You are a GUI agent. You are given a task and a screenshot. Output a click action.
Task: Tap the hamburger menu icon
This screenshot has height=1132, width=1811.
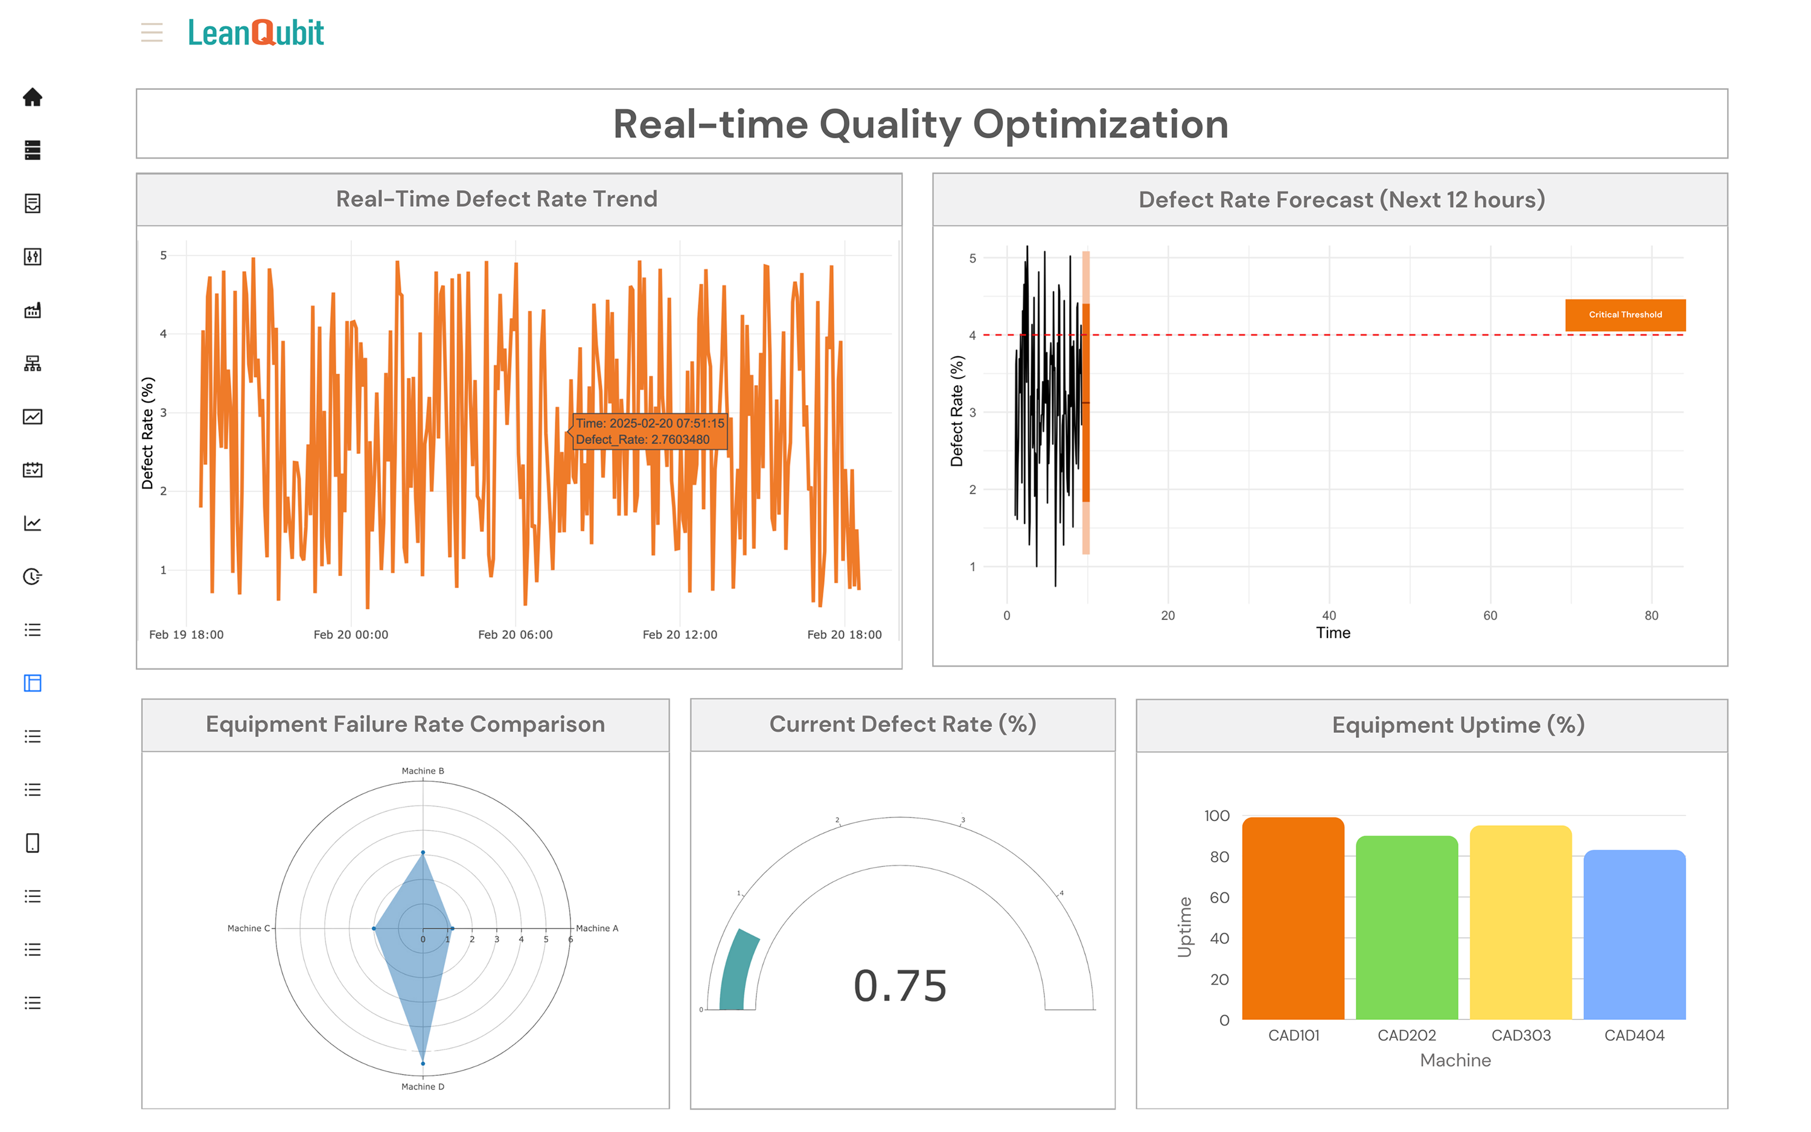coord(152,32)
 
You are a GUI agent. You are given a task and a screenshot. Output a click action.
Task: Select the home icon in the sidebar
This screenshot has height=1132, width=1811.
coord(32,97)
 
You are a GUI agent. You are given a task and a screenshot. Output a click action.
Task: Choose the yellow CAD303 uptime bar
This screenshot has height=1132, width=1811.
coord(1520,923)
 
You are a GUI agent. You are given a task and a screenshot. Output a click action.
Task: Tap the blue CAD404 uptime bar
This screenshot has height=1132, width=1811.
coord(1634,935)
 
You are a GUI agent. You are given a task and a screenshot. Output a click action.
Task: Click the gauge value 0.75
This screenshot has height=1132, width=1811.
coord(900,985)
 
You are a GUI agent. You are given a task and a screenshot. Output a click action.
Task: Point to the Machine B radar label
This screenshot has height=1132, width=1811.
coord(423,770)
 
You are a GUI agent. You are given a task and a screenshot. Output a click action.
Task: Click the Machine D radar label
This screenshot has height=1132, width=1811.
coord(423,1086)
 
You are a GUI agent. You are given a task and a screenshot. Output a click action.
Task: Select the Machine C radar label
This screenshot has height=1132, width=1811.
coord(249,929)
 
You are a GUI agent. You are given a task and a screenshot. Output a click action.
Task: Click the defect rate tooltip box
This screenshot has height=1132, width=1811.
coord(650,431)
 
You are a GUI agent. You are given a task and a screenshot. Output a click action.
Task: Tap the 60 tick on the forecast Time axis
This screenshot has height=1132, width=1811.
coord(1490,615)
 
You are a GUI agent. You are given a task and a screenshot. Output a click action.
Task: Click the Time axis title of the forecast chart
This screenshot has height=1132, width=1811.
coord(1333,633)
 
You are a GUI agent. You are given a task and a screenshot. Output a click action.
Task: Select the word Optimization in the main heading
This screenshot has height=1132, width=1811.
coord(1100,124)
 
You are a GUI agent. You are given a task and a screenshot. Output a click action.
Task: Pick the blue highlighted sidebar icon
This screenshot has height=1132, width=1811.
coord(32,683)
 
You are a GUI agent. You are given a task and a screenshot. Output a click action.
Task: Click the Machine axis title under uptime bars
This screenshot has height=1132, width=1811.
coord(1455,1060)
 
